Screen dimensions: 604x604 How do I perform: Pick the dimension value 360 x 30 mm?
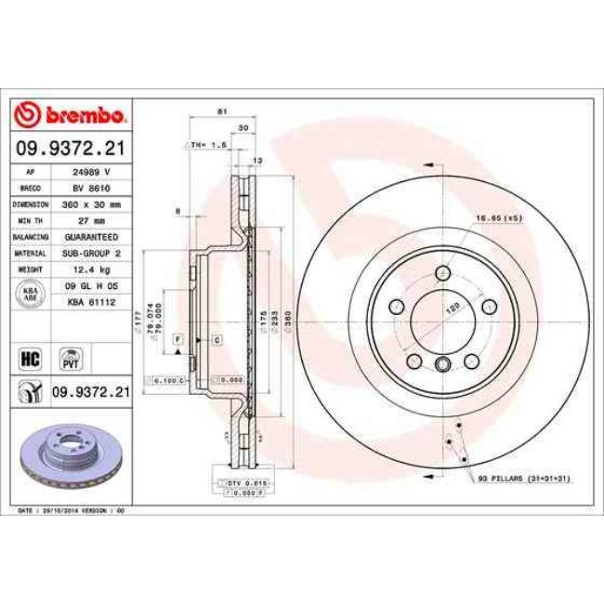tap(92, 204)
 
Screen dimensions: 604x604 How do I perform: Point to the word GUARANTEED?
tap(92, 236)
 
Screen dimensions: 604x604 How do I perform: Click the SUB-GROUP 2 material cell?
tap(92, 252)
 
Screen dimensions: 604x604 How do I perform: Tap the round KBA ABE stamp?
tap(30, 294)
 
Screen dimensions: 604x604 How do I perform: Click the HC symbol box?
tap(29, 356)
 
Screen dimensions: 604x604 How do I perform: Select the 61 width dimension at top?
tap(222, 112)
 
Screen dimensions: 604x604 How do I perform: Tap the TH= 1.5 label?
tap(210, 146)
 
